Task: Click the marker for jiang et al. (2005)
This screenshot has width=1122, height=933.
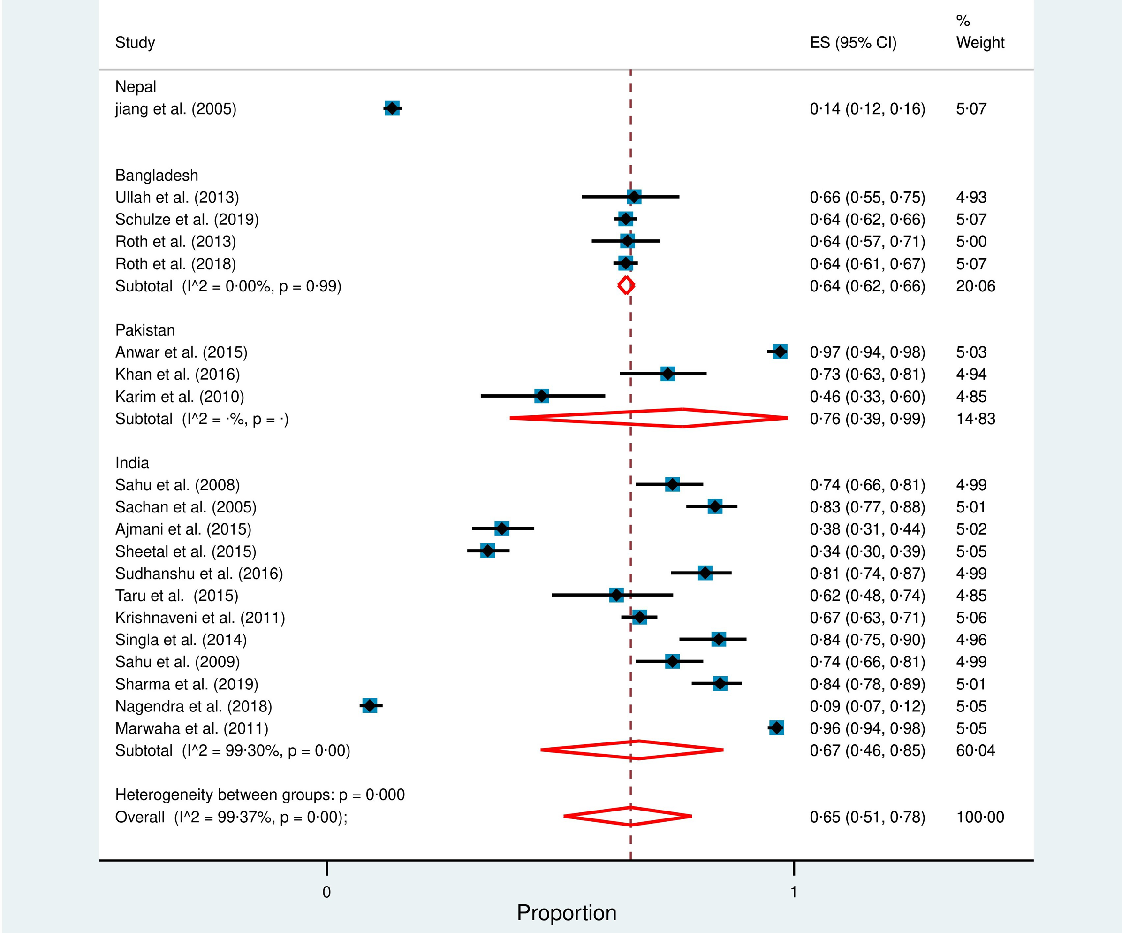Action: click(392, 108)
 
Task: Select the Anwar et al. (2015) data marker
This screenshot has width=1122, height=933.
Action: click(780, 352)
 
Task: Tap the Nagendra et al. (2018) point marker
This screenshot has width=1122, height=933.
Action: click(369, 706)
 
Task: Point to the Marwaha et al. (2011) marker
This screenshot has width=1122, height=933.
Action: click(776, 728)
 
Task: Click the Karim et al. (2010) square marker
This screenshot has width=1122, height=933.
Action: click(542, 396)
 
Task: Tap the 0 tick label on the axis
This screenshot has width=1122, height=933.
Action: click(326, 892)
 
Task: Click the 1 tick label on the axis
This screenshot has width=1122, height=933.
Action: click(794, 892)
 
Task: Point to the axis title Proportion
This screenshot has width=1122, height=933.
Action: click(566, 913)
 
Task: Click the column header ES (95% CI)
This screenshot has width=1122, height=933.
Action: click(853, 42)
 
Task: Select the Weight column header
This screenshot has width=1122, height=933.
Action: click(980, 42)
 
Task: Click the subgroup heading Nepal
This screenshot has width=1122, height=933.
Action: click(136, 87)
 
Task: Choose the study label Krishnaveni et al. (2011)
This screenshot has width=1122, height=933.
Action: click(200, 618)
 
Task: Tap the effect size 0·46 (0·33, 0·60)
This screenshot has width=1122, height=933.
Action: click(867, 396)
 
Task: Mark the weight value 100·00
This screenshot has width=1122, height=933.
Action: click(980, 817)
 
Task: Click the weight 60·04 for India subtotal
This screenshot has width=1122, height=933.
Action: click(976, 750)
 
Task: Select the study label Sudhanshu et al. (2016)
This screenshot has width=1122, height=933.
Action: click(199, 573)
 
